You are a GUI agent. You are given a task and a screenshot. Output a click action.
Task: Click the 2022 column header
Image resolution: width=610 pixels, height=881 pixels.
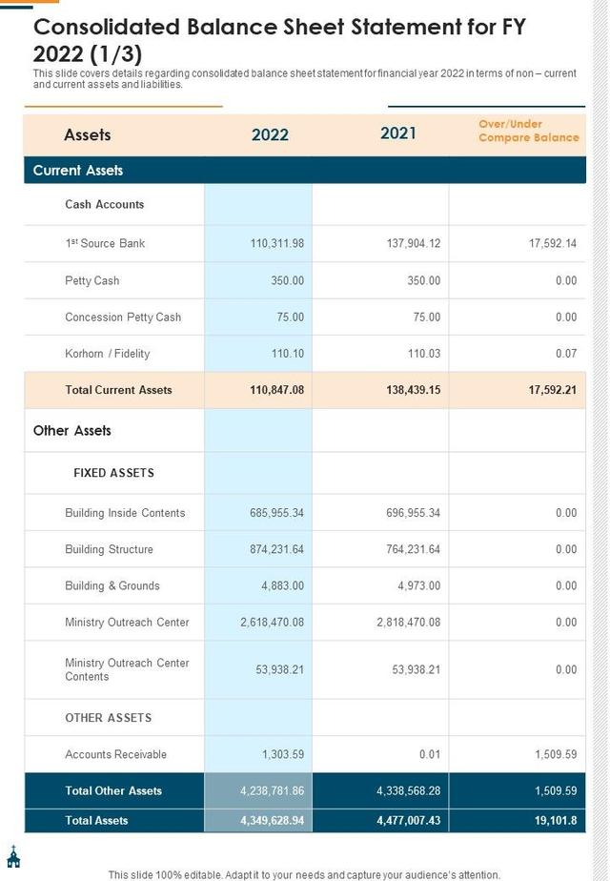point(270,134)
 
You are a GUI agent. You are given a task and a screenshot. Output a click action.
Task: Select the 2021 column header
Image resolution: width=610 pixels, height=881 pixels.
point(398,133)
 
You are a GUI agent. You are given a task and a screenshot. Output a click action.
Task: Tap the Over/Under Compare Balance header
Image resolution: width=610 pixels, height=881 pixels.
point(528,131)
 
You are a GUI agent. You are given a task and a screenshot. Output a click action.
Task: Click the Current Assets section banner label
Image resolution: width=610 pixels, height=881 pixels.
point(78,171)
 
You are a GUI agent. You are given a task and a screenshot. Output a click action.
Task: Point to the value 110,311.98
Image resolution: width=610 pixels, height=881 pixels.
point(277,243)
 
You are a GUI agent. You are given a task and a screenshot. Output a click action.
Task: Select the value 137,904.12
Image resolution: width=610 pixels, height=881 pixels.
point(414,243)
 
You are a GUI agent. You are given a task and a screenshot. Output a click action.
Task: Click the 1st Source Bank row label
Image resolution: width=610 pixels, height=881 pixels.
point(105,243)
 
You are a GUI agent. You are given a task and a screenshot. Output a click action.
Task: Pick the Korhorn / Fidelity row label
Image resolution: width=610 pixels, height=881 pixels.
point(107,354)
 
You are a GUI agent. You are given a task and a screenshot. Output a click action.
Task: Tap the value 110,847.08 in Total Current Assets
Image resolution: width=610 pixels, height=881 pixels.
point(276,390)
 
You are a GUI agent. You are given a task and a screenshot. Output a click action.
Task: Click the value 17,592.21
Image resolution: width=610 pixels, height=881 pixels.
point(551,390)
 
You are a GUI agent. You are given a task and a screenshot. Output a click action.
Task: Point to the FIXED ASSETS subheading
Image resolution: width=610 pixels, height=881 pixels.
point(113,473)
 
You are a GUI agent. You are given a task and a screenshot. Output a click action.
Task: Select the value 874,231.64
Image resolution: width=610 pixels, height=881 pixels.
point(277,549)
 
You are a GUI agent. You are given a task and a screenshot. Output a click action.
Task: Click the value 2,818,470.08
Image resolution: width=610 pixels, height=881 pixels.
point(408,623)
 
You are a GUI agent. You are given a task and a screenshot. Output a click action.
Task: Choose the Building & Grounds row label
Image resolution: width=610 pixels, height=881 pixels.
point(112,586)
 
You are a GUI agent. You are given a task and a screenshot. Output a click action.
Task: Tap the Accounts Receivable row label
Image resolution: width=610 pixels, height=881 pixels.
point(115,754)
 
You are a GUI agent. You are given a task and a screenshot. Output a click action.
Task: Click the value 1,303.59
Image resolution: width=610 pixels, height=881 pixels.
point(283,754)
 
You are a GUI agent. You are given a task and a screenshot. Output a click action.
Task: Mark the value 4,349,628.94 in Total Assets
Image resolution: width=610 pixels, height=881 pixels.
point(272,820)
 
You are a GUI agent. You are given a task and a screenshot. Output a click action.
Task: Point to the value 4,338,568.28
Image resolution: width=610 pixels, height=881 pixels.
point(408,790)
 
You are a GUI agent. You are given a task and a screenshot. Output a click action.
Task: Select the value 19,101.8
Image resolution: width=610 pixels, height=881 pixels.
point(555,820)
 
